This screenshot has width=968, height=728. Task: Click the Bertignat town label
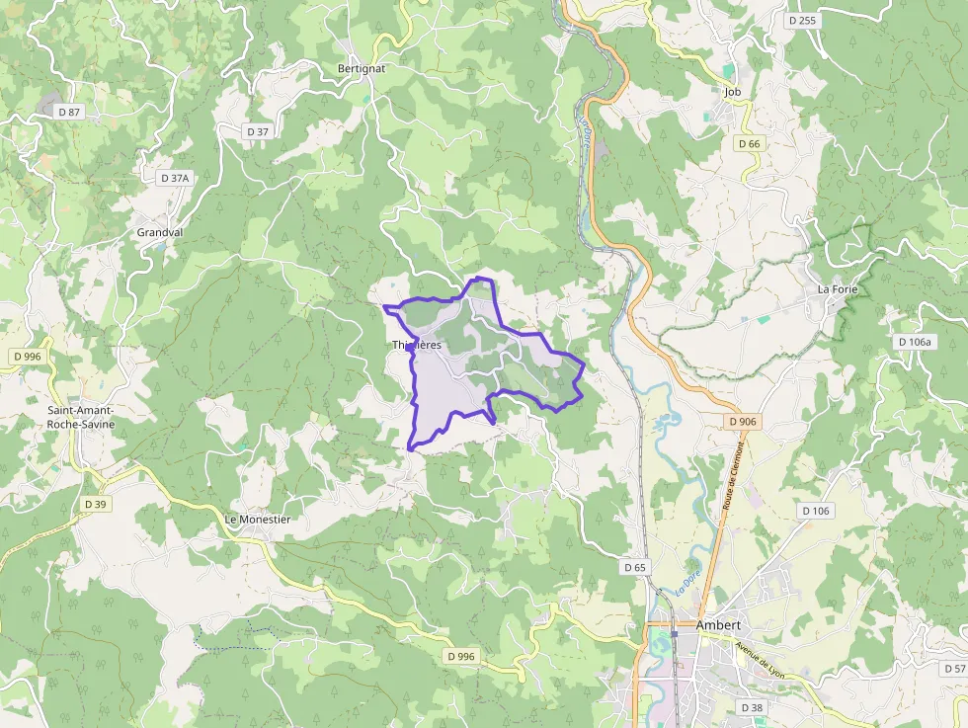(x=362, y=70)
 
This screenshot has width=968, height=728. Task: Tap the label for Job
(x=732, y=92)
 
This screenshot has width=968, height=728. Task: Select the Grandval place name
(x=160, y=233)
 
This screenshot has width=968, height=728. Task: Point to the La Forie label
(x=838, y=289)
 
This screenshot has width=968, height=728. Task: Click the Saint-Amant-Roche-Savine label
(x=81, y=417)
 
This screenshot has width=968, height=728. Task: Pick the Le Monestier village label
(x=257, y=520)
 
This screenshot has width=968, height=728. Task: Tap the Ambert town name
(x=718, y=625)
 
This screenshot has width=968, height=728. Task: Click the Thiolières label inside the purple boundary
(x=417, y=345)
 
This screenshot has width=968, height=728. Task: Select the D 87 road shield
(x=69, y=113)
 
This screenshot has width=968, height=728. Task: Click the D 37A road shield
(x=174, y=178)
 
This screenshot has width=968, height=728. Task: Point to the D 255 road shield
(x=802, y=20)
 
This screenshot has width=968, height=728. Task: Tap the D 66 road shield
(x=749, y=144)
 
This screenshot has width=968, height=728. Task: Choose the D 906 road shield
(x=742, y=422)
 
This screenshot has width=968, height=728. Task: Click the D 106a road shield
(x=915, y=342)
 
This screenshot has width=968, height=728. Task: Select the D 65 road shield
(x=635, y=568)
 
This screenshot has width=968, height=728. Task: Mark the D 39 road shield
(x=95, y=504)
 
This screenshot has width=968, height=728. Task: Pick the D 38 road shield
(x=752, y=707)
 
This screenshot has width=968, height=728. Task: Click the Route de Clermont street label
(x=732, y=474)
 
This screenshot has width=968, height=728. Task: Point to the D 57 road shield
(x=954, y=670)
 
